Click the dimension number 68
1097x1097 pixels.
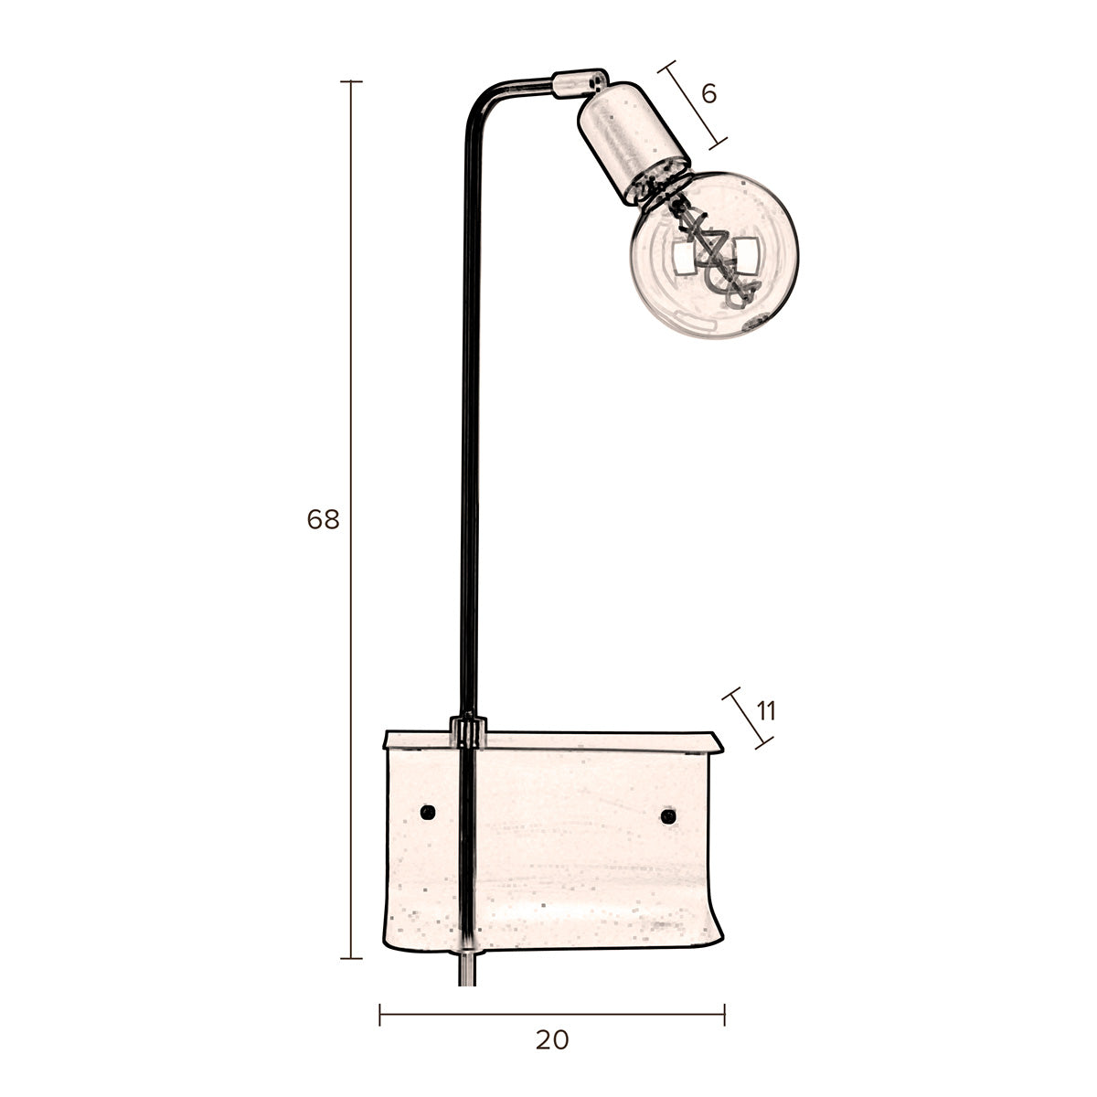click(x=323, y=520)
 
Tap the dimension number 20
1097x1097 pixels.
click(x=551, y=1039)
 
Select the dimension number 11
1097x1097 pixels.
click(x=766, y=710)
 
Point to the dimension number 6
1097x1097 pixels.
click(x=708, y=92)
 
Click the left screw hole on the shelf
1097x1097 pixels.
click(x=426, y=812)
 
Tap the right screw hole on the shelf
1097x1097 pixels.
click(x=668, y=815)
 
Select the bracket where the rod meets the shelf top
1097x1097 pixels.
click(x=468, y=732)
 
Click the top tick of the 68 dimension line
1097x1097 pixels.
click(x=351, y=81)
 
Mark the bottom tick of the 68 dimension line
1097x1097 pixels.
click(x=351, y=958)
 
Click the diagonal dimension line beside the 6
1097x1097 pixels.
click(x=693, y=103)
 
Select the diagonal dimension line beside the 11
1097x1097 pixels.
click(x=745, y=719)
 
